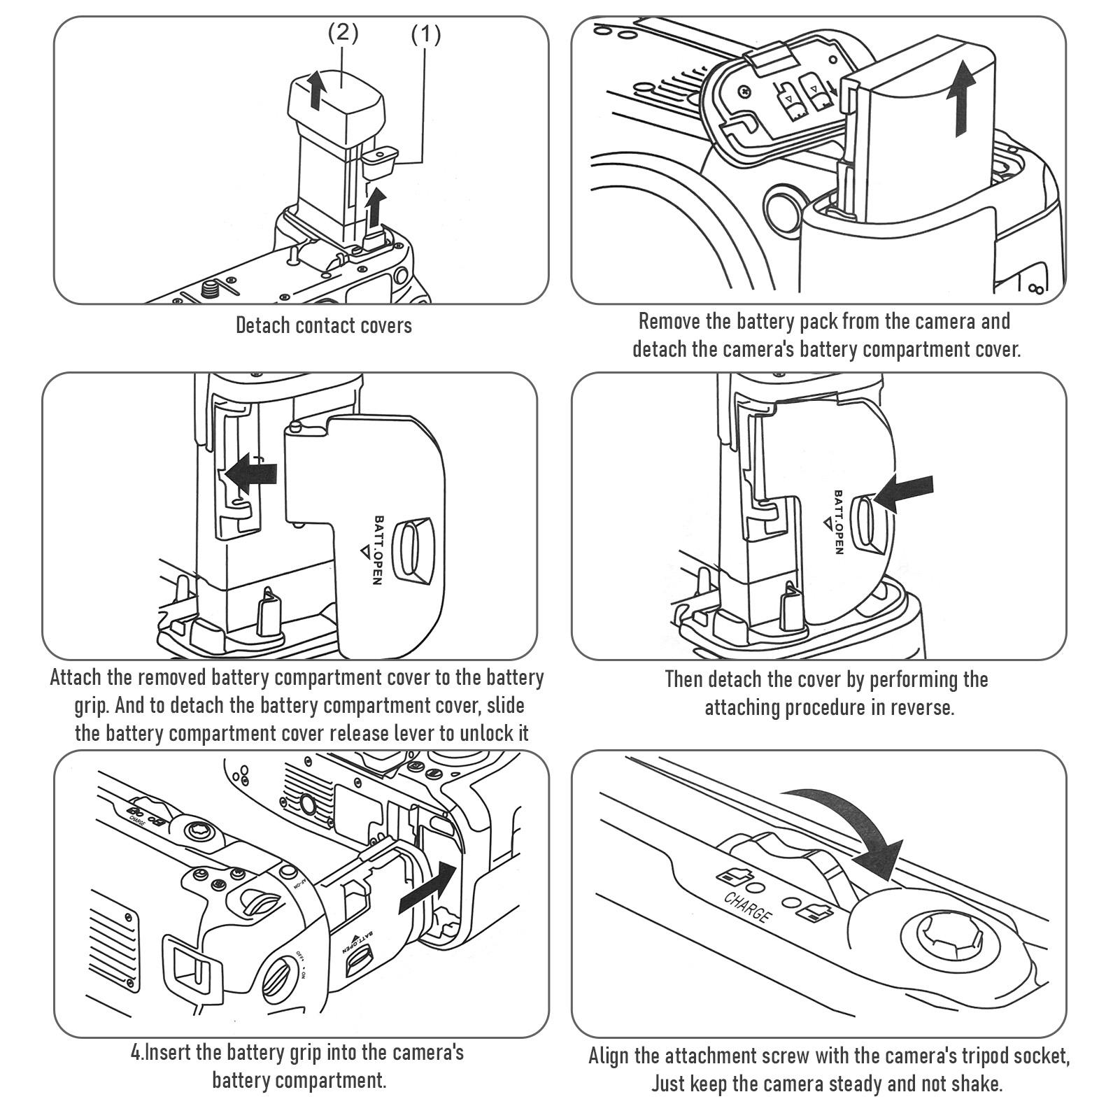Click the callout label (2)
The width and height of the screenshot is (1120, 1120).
(343, 34)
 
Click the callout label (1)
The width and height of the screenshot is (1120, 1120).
(425, 34)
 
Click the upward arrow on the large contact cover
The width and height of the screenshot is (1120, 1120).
(317, 89)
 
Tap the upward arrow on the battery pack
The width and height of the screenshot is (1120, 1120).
(964, 98)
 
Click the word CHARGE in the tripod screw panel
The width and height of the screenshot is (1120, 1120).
(748, 907)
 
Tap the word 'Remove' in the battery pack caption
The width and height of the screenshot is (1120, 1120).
(670, 322)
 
